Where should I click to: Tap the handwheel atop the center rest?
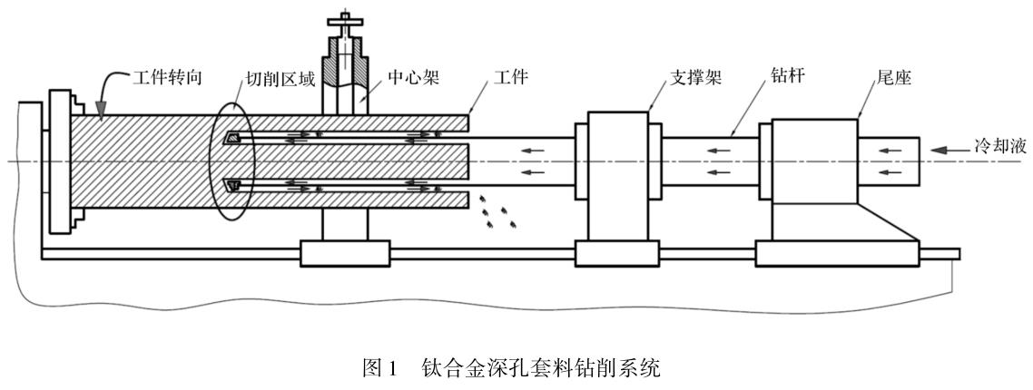click(x=346, y=16)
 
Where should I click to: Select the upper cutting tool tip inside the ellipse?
click(x=233, y=138)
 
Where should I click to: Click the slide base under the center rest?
click(x=345, y=253)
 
